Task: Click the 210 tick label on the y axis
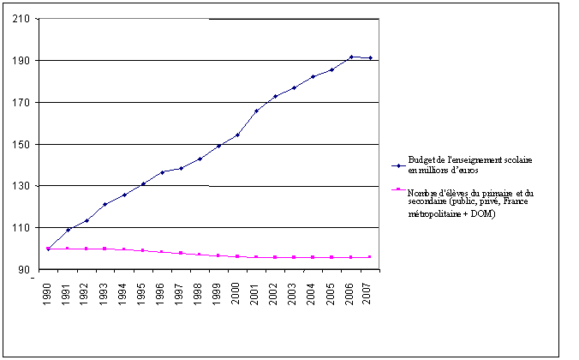coord(26,19)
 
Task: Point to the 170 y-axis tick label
coord(26,103)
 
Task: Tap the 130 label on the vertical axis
coord(26,186)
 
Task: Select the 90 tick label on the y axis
coord(28,269)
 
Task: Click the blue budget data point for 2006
coord(350,57)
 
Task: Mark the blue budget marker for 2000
coord(237,135)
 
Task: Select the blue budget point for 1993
coord(104,204)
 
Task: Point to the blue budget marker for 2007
coord(370,58)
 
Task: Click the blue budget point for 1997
coord(181,168)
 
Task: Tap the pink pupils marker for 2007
coord(370,257)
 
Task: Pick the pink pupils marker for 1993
coord(104,249)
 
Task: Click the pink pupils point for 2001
coord(256,257)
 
